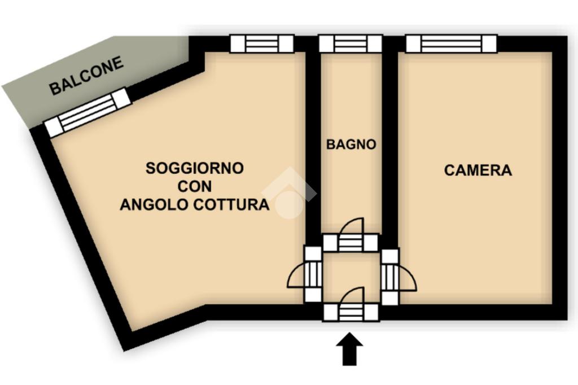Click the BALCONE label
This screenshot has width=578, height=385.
(x=86, y=76)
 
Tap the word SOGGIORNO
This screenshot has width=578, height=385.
(x=195, y=168)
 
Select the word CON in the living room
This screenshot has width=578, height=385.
(x=195, y=186)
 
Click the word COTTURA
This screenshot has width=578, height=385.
(x=231, y=204)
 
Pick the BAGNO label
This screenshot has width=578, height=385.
(x=351, y=144)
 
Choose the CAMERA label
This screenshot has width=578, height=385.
(x=478, y=170)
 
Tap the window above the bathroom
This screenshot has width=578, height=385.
(x=351, y=43)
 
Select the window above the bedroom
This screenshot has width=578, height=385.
(x=452, y=43)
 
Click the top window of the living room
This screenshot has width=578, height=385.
(x=262, y=43)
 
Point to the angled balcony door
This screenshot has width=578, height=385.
(x=87, y=112)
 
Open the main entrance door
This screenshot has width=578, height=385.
(x=351, y=305)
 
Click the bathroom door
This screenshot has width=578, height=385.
(x=351, y=235)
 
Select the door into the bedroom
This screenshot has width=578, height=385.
(x=399, y=276)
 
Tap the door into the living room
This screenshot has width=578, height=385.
(x=305, y=274)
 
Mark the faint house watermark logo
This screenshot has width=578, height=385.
(x=288, y=193)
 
